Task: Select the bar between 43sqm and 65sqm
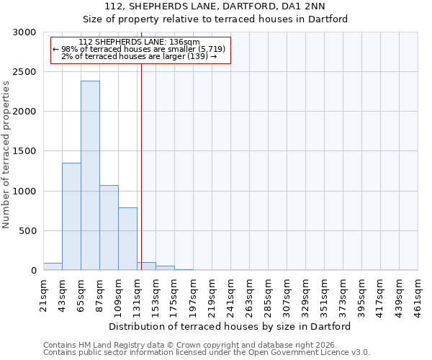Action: point(71,216)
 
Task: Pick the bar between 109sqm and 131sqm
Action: point(127,238)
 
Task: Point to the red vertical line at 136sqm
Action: point(141,166)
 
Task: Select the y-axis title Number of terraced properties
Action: point(6,155)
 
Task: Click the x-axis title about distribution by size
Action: point(230,326)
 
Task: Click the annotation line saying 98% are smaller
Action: point(140,49)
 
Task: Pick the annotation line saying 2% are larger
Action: point(140,56)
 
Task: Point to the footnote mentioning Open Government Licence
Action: point(207,352)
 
